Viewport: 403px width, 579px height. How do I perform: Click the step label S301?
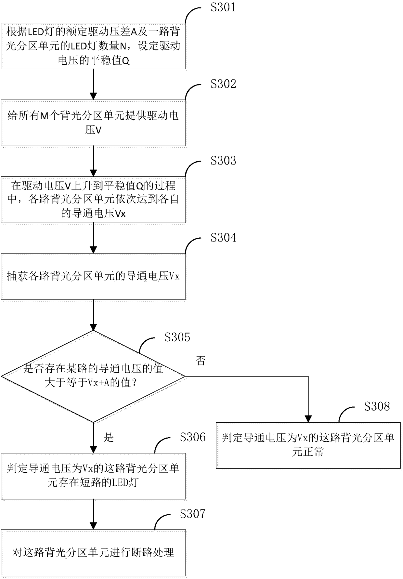coord(223,7)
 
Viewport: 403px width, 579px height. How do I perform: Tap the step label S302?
coord(223,84)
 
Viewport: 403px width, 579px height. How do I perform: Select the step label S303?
coord(223,161)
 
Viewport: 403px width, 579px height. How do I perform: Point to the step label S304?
coord(223,238)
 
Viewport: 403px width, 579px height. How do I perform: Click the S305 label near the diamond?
coord(177,337)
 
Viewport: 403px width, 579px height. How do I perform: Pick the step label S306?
coord(193,437)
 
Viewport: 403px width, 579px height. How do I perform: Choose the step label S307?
coord(193,514)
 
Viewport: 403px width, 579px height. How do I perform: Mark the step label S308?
coord(377,406)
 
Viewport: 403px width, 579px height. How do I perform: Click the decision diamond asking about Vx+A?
coord(93,376)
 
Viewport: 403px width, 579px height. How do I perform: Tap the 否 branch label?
coord(201,361)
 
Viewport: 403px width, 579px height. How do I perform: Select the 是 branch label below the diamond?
coord(109,437)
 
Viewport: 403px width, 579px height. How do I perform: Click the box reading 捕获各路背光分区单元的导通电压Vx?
coord(93,276)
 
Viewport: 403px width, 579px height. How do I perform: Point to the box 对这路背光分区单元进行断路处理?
coord(93,553)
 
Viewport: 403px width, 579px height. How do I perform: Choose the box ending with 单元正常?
coord(308,445)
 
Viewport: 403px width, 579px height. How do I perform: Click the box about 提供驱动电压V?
coord(93,123)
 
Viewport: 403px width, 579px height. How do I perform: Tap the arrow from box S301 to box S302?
coord(93,85)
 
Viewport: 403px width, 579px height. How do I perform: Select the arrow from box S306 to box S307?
coord(93,515)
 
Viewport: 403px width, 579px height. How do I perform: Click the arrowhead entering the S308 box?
coord(308,419)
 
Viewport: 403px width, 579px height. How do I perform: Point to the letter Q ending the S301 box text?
coord(126,61)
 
